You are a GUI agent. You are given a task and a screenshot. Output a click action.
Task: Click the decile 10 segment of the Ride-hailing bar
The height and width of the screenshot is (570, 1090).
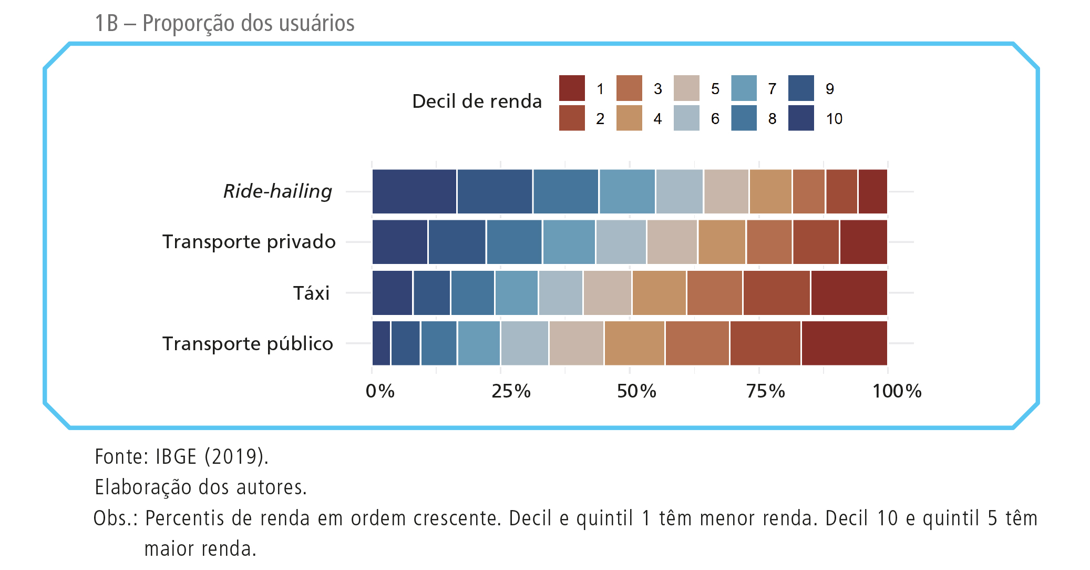pyautogui.click(x=414, y=191)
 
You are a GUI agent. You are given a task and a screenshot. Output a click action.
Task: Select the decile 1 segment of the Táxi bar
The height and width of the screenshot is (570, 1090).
pyautogui.click(x=849, y=293)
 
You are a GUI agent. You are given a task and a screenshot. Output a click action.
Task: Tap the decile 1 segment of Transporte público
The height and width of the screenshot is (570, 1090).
pyautogui.click(x=844, y=343)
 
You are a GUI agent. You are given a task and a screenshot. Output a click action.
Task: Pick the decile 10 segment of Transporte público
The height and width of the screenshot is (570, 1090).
pyautogui.click(x=381, y=343)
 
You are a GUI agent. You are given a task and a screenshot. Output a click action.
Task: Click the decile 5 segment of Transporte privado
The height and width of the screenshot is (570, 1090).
pyautogui.click(x=672, y=242)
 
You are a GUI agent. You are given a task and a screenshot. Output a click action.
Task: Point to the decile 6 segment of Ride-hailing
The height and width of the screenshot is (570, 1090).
pyautogui.click(x=679, y=191)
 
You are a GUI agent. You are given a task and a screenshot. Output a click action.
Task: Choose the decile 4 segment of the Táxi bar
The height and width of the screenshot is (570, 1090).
pyautogui.click(x=659, y=293)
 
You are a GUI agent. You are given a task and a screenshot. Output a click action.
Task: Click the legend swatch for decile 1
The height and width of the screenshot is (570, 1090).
pyautogui.click(x=572, y=88)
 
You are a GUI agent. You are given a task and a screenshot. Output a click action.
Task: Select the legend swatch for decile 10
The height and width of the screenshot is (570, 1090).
pyautogui.click(x=801, y=118)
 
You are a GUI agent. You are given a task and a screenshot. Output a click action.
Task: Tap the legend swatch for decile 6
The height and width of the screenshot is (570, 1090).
pyautogui.click(x=686, y=118)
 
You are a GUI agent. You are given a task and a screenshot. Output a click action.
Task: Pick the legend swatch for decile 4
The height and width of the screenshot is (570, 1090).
pyautogui.click(x=629, y=118)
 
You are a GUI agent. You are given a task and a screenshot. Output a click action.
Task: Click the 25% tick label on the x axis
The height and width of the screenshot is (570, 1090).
pyautogui.click(x=511, y=391)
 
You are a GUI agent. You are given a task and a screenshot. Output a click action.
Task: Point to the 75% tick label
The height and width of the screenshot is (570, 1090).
pyautogui.click(x=766, y=391)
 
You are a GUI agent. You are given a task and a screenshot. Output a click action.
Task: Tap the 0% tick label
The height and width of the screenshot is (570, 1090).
pyautogui.click(x=380, y=391)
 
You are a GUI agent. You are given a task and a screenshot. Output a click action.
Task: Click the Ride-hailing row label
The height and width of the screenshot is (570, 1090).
pyautogui.click(x=277, y=191)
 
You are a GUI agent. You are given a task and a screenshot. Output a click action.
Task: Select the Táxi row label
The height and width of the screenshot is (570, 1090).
pyautogui.click(x=311, y=293)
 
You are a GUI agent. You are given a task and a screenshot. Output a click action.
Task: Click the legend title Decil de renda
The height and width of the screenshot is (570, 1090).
pyautogui.click(x=477, y=101)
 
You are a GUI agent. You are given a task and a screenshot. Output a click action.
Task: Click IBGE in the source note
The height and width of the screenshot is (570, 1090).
pyautogui.click(x=176, y=456)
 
